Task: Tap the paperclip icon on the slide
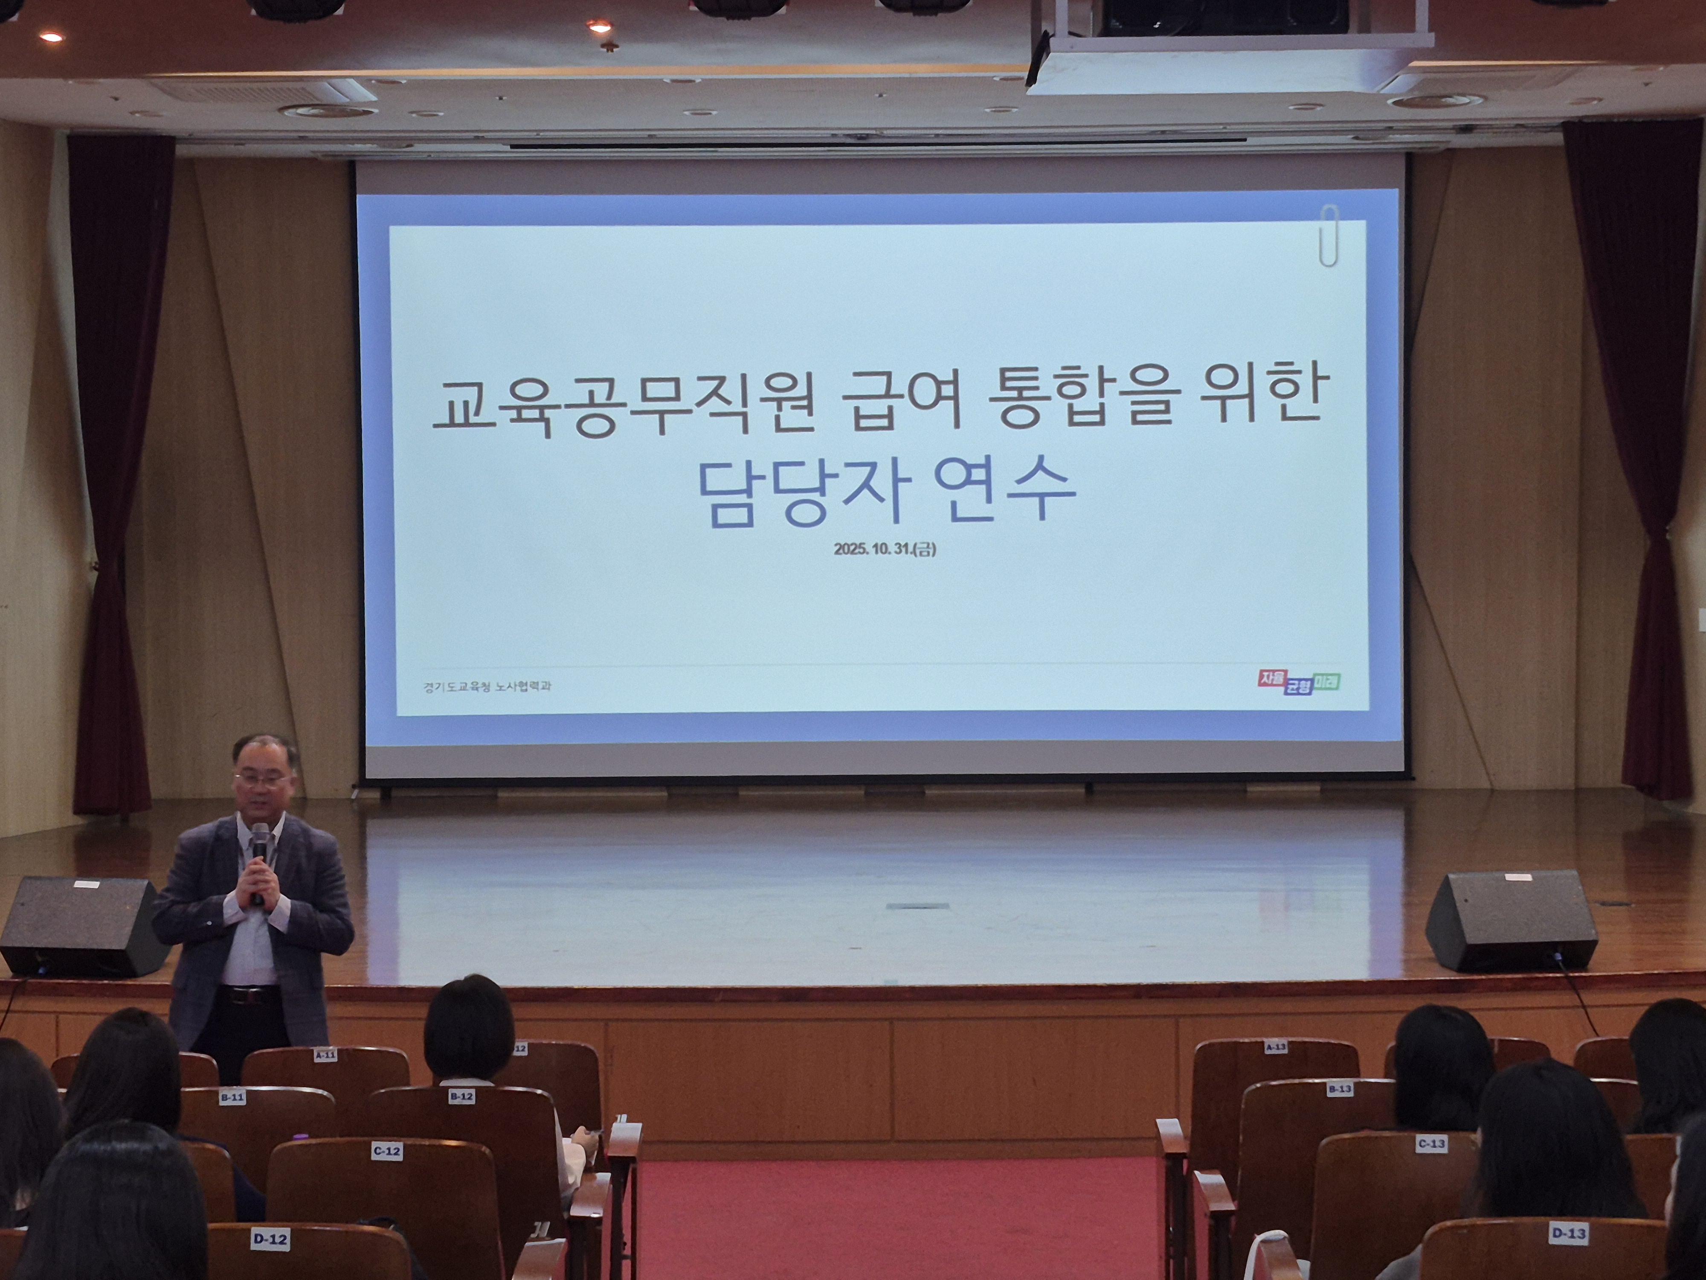pos(1328,236)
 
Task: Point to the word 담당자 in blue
pos(804,494)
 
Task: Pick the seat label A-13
pos(1276,1047)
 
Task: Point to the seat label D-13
pos(1568,1233)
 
